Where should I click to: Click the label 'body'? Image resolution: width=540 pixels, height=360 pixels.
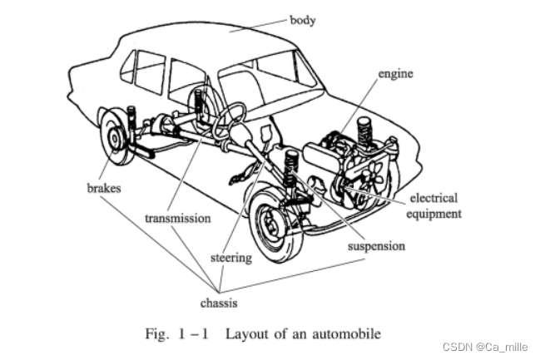coord(302,17)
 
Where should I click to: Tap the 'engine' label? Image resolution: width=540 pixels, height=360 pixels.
coord(395,75)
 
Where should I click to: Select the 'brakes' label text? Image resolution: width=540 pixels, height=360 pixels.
coord(104,189)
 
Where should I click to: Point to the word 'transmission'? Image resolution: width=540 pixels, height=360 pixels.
coord(177,219)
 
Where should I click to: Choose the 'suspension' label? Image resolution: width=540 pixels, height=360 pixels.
coord(377,246)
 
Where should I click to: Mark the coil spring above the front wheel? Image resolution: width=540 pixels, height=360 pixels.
coord(291,170)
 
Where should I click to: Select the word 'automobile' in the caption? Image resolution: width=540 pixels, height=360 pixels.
coord(348,334)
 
